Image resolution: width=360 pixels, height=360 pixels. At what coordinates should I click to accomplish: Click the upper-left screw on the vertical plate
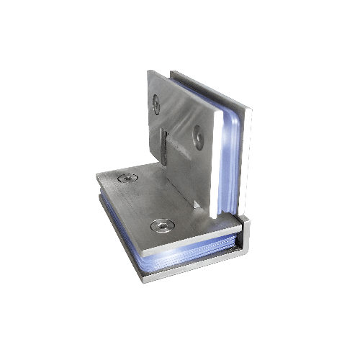click(x=157, y=104)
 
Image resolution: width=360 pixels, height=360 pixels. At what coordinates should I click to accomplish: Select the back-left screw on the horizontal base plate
click(x=130, y=178)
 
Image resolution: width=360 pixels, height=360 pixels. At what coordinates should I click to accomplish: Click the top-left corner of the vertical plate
click(x=148, y=72)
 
